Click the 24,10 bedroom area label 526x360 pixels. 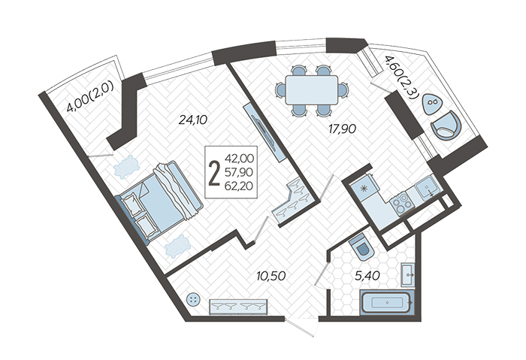pos(193,119)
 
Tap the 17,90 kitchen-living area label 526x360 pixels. pos(342,129)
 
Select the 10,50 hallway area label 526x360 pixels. pos(271,276)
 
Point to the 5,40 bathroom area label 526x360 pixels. pos(367,276)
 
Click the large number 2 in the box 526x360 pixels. pos(214,173)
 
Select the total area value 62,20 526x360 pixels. pos(239,186)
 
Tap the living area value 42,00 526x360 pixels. pos(239,158)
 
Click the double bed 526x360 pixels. pos(159,201)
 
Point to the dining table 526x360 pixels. pos(312,89)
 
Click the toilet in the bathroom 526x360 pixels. pos(361,247)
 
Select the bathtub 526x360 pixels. pos(387,303)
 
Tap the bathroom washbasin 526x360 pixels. pos(407,275)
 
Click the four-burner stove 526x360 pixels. pos(401,202)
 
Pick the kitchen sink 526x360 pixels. pos(427,189)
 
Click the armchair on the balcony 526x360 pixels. pos(446,126)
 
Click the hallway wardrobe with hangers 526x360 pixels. pos(238,307)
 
